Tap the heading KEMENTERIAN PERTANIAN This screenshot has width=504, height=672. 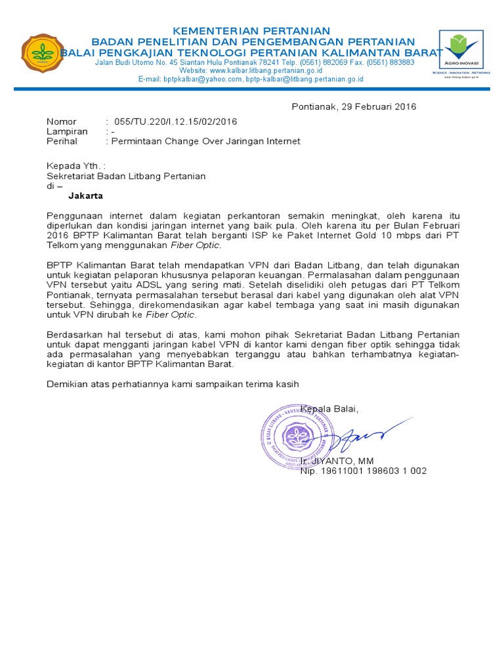coord(251,31)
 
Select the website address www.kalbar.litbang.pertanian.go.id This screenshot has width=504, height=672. coord(266,70)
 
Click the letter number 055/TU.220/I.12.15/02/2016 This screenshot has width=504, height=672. coord(175,121)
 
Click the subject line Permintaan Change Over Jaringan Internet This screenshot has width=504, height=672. coord(207,140)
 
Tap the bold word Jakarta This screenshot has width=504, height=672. coord(86,196)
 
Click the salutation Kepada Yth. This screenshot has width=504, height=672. coord(75,166)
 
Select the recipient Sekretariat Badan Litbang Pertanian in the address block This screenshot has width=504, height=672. coord(126,176)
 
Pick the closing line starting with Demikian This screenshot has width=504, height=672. coord(173,384)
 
